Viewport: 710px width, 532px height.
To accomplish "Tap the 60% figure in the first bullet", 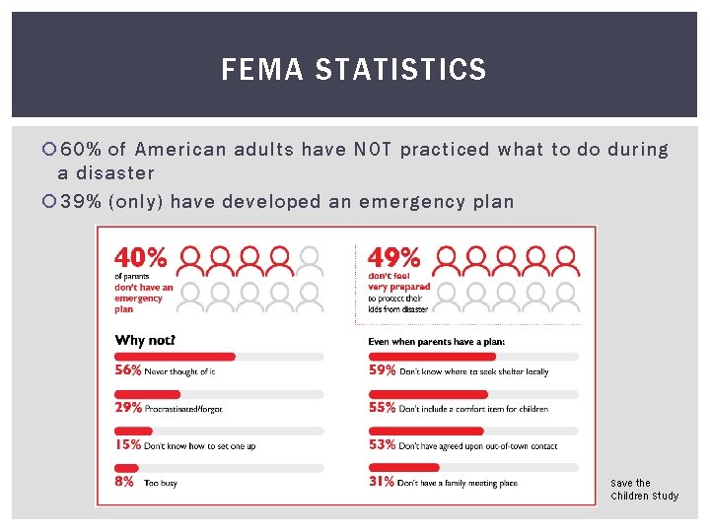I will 81,150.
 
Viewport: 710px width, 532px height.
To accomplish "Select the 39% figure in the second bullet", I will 81,202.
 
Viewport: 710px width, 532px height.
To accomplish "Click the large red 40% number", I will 142,258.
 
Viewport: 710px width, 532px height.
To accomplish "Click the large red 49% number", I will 394,258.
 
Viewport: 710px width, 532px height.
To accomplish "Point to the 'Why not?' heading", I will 145,341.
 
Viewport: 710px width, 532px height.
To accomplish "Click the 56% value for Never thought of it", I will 128,371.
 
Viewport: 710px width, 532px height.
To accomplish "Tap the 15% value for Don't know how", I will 127,445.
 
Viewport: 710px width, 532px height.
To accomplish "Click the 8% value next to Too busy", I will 123,482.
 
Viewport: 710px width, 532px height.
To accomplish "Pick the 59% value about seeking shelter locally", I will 382,371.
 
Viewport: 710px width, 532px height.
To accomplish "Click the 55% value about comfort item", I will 382,408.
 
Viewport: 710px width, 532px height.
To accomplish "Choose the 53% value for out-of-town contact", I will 382,445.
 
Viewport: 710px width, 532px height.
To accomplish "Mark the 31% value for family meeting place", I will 381,482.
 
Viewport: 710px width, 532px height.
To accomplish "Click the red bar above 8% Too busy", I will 125,467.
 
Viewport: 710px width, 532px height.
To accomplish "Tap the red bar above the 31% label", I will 403,467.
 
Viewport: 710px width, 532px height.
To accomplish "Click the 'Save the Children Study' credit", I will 644,490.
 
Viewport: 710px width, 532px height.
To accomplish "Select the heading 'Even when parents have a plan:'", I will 436,342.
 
